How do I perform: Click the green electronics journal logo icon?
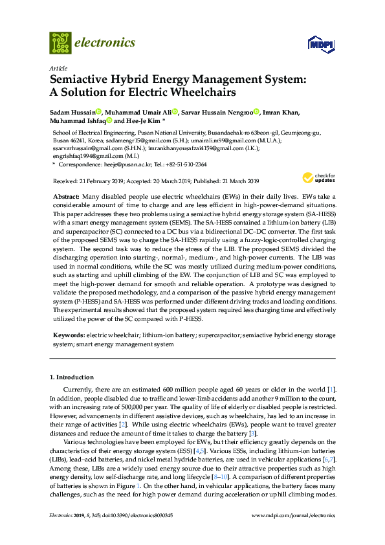(60, 43)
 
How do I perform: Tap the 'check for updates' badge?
(315, 177)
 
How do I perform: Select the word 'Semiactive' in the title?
(80, 80)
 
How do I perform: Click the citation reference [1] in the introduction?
(331, 388)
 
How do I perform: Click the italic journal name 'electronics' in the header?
(106, 43)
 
